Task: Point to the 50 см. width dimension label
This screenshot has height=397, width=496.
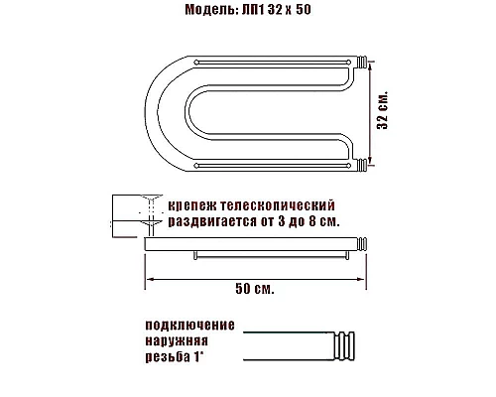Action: click(255, 290)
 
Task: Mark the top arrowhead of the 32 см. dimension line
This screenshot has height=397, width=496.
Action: click(371, 62)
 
